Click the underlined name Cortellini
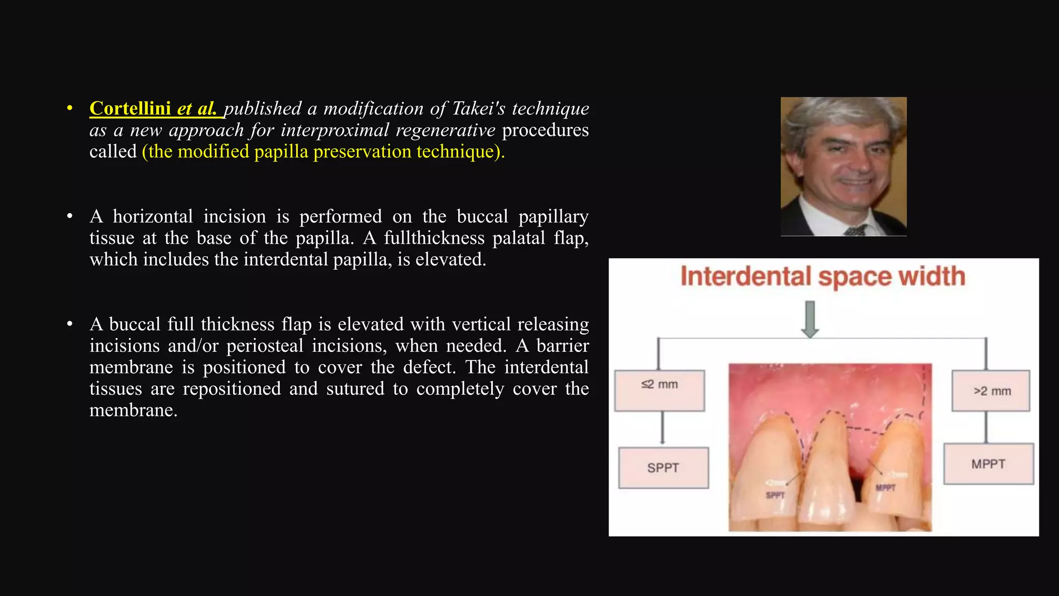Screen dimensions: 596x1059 click(130, 109)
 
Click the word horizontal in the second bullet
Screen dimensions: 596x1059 click(153, 216)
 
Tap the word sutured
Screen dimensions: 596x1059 click(355, 389)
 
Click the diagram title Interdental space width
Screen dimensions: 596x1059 click(823, 276)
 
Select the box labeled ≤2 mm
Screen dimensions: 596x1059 click(659, 391)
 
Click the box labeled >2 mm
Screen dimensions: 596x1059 click(991, 391)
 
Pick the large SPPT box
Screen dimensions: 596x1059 click(663, 468)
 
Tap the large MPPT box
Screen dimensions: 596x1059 click(988, 464)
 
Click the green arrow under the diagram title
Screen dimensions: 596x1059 click(810, 319)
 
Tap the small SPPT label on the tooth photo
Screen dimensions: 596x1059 click(775, 495)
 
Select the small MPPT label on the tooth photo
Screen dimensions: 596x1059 click(885, 487)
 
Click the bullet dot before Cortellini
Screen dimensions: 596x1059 click(70, 108)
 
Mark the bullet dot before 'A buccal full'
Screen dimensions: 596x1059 click(70, 324)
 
